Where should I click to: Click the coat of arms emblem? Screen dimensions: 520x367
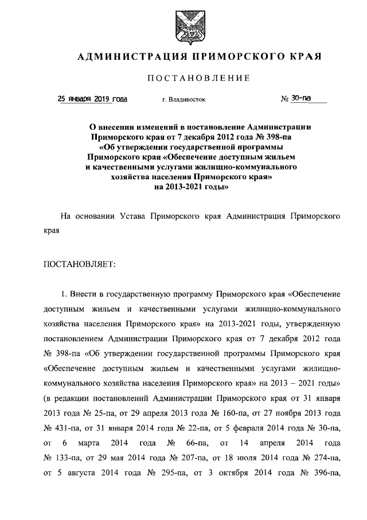click(184, 26)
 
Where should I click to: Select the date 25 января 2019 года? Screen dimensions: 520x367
click(93, 99)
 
